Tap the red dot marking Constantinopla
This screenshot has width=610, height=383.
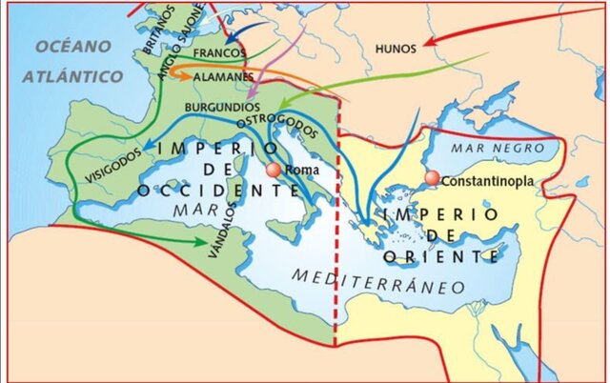(432, 179)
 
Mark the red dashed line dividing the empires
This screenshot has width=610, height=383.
(335, 286)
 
